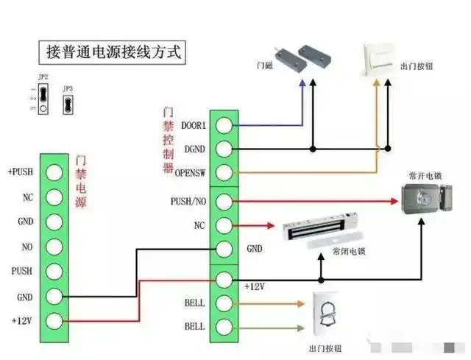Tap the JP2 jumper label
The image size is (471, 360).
pos(43,77)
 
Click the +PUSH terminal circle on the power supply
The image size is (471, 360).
pos(54,172)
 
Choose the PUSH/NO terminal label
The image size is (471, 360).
pos(188,200)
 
